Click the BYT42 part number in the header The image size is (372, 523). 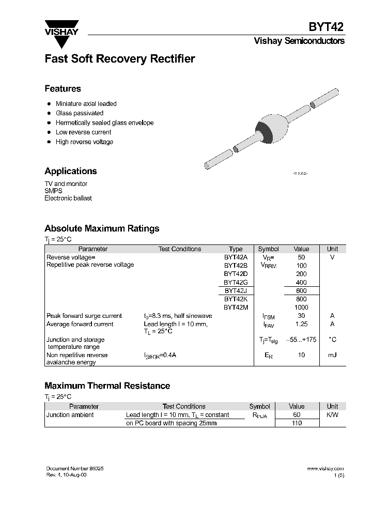[x=327, y=27]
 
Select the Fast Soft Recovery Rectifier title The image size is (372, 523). [x=119, y=59]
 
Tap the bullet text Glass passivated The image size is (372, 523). [x=79, y=113]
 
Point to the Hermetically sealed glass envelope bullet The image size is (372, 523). [x=104, y=122]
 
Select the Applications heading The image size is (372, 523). [x=70, y=171]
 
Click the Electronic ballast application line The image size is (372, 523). [x=68, y=198]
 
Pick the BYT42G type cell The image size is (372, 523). [x=236, y=283]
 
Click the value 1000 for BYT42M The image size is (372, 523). [x=301, y=307]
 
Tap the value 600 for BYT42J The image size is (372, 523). [x=301, y=291]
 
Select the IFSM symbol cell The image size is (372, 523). [x=269, y=316]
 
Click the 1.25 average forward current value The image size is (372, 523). [x=301, y=324]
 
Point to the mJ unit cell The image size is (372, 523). [x=332, y=355]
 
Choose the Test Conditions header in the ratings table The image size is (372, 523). [x=179, y=249]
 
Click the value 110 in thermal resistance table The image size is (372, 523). [x=297, y=423]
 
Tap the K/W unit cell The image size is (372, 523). [x=332, y=415]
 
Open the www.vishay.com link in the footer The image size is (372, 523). [x=325, y=468]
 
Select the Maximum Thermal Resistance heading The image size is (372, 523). [x=107, y=386]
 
